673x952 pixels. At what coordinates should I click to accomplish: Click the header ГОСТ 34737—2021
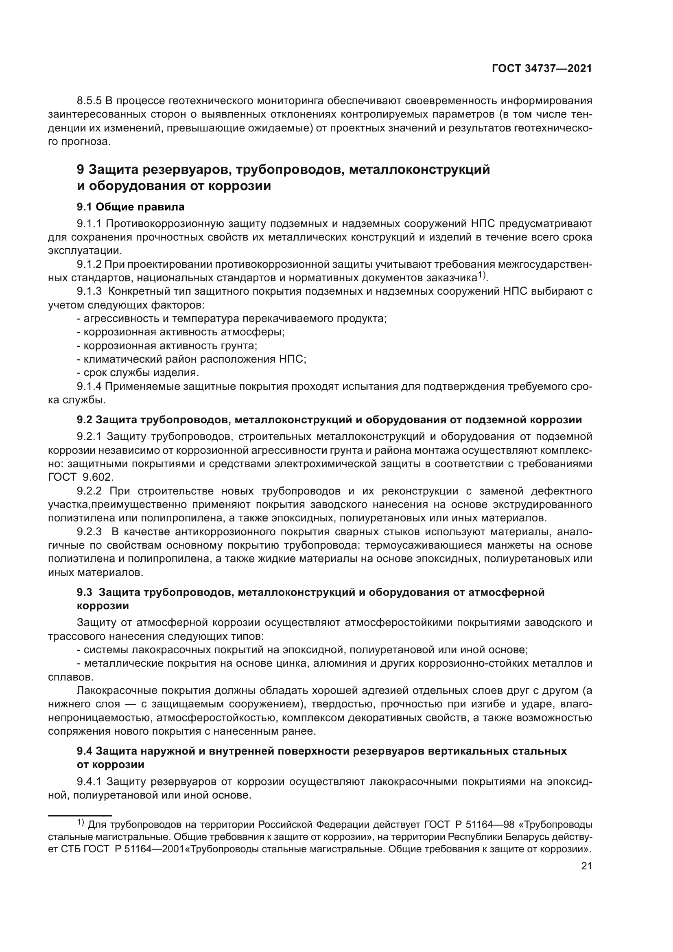tap(542, 69)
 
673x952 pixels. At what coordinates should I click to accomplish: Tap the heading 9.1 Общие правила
tap(131, 206)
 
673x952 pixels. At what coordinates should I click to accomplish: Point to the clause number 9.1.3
tap(90, 291)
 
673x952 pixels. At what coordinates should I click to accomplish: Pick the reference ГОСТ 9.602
tap(81, 477)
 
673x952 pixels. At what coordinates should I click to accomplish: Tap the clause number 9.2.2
tap(90, 491)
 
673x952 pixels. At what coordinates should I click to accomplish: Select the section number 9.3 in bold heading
tap(85, 593)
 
